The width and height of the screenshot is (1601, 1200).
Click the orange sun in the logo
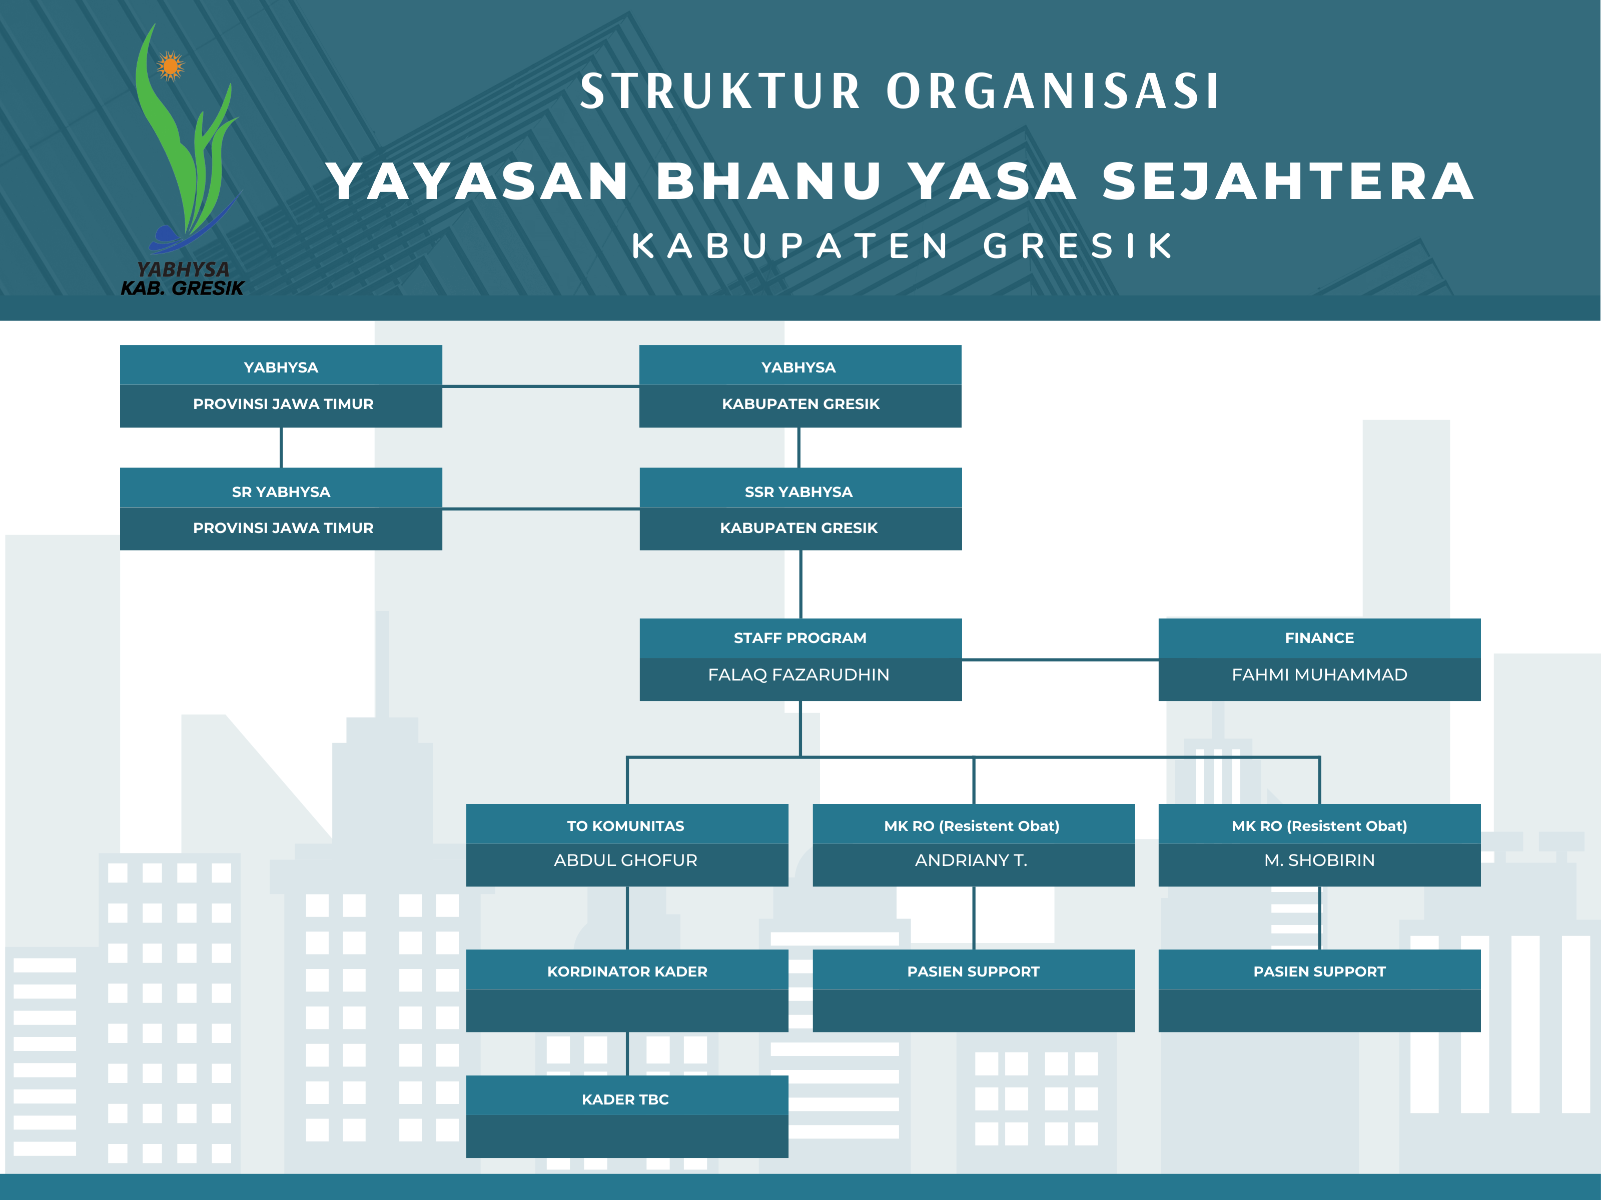pos(171,66)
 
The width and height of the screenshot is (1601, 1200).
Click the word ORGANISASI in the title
pos(1054,92)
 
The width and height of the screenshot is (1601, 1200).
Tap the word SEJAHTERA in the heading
pos(1288,181)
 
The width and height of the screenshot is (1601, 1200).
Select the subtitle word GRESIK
pos(1079,246)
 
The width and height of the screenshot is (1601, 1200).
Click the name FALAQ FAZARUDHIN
pos(798,675)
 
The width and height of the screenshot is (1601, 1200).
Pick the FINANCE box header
pos(1319,638)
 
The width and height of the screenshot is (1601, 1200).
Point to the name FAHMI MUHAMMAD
pos(1319,675)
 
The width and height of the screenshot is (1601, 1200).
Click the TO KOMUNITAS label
pos(625,826)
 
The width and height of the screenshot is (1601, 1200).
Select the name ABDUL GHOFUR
pos(625,860)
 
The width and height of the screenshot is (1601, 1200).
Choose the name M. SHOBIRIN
pos(1319,860)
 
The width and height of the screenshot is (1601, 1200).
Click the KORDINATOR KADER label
pos(627,971)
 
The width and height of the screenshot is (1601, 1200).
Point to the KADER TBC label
pos(625,1099)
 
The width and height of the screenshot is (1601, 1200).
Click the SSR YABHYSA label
pos(798,492)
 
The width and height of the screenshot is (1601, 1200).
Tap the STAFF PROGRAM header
pos(800,638)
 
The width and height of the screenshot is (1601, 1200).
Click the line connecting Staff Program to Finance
pos(1060,659)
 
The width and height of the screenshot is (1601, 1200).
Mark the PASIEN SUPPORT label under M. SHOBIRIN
pos(1319,971)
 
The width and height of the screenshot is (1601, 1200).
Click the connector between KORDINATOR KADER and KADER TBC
pos(627,1053)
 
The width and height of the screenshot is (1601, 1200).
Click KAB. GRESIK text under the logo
pos(183,288)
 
